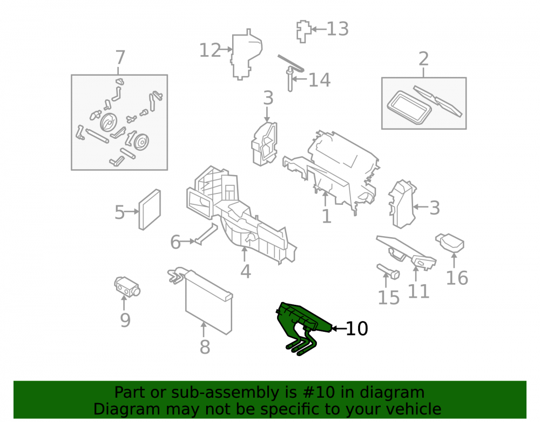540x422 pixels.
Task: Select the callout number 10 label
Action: tap(357, 329)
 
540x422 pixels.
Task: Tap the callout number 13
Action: tap(337, 29)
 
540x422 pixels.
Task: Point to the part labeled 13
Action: tap(303, 31)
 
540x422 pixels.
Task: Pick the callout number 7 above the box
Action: tap(120, 57)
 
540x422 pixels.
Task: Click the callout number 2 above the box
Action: tap(423, 59)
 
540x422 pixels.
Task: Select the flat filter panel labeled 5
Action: tap(150, 210)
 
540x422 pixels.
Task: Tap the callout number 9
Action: tap(125, 320)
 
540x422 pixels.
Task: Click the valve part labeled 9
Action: tap(127, 286)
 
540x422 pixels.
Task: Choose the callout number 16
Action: tap(457, 278)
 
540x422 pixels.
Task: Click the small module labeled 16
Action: tap(450, 242)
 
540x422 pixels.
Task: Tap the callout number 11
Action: tap(418, 291)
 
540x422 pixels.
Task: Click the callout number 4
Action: tap(246, 271)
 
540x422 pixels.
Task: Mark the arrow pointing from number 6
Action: tap(188, 242)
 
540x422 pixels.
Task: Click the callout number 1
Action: tap(326, 216)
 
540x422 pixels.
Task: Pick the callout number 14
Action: tap(319, 80)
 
